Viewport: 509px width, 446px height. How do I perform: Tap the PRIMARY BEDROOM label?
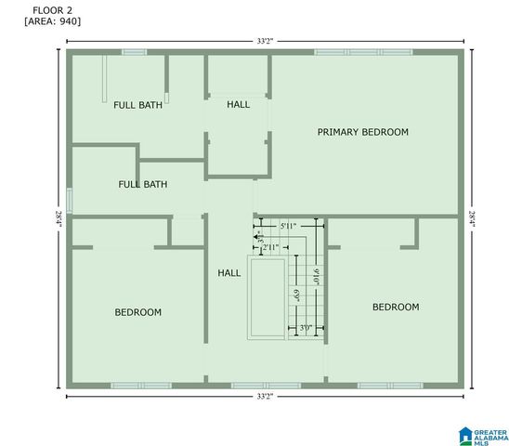coord(362,132)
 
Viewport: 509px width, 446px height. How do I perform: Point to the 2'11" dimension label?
coord(270,248)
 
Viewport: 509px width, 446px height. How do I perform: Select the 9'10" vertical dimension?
coord(317,277)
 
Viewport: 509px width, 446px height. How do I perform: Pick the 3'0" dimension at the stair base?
coord(306,328)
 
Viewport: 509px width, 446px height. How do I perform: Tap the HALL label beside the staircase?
coord(228,273)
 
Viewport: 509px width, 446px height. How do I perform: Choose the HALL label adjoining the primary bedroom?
coord(238,104)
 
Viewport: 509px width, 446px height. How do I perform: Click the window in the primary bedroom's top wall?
coord(363,52)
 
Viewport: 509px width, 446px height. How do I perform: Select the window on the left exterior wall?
coord(69,201)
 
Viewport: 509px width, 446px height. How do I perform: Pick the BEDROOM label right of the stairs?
coord(395,307)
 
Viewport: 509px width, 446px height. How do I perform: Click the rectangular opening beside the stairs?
coord(267,297)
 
